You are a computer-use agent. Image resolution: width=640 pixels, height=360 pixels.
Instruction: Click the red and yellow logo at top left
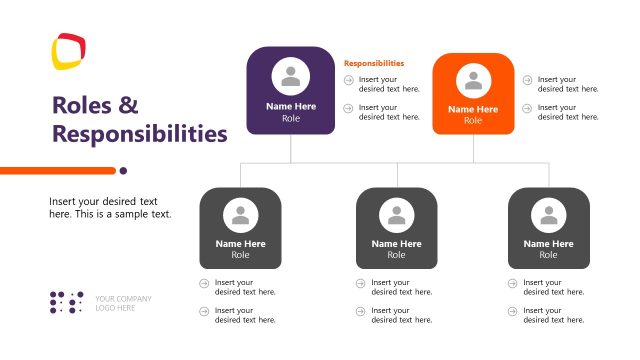(69, 52)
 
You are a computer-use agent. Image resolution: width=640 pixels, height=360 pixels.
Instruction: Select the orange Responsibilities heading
(374, 63)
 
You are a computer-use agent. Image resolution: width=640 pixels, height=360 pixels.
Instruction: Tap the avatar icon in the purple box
(291, 77)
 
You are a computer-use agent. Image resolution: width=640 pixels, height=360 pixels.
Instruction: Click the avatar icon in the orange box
(473, 81)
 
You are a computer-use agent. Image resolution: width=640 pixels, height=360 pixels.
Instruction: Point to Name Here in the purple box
(291, 106)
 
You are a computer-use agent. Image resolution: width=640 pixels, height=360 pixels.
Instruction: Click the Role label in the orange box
(473, 120)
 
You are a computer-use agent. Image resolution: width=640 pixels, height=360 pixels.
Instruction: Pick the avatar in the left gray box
(241, 215)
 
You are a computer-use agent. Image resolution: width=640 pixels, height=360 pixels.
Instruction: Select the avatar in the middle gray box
(397, 215)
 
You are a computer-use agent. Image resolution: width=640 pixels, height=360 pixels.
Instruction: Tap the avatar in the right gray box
(549, 215)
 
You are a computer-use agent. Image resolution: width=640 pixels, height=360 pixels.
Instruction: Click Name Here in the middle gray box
(397, 243)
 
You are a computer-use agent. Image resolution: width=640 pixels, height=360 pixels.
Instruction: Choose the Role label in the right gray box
(549, 255)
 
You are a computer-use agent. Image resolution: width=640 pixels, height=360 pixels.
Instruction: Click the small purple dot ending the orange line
(124, 170)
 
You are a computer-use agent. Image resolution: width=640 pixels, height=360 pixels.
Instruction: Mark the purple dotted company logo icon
(67, 302)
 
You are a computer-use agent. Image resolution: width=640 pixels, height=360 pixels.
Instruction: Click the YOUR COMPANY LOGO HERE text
(123, 303)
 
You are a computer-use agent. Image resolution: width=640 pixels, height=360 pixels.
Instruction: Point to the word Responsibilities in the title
(139, 133)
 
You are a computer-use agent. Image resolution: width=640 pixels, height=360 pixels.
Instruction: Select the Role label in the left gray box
(241, 255)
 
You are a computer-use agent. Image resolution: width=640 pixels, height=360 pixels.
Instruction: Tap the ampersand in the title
(129, 105)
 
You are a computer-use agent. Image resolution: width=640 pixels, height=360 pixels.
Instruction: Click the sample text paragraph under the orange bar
(110, 207)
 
